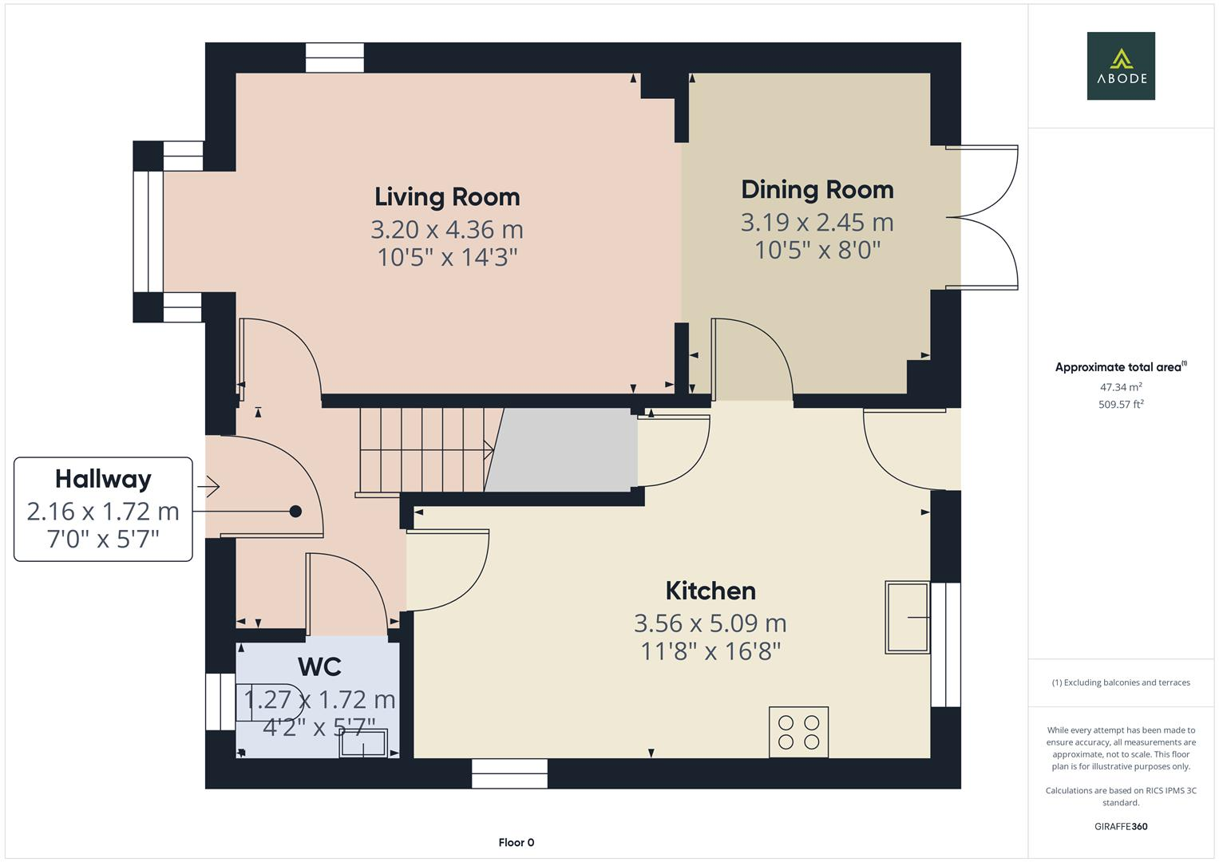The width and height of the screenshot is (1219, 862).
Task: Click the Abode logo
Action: click(x=1121, y=66)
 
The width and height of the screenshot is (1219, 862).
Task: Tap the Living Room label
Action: click(x=447, y=197)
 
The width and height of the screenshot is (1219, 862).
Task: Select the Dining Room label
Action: click(x=817, y=190)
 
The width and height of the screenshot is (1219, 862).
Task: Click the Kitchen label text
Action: click(x=710, y=591)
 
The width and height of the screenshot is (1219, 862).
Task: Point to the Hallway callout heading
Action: click(x=103, y=479)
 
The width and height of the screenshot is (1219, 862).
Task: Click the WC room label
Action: click(x=319, y=666)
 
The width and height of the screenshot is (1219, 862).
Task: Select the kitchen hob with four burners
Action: click(x=798, y=732)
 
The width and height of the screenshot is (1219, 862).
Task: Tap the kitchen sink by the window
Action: click(x=908, y=618)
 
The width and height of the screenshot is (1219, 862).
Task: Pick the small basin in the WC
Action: click(x=363, y=743)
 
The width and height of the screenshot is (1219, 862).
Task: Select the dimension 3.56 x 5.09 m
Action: click(x=710, y=623)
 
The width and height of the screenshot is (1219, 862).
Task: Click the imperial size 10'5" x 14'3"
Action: click(x=447, y=258)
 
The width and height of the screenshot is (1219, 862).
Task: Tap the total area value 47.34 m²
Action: click(x=1121, y=387)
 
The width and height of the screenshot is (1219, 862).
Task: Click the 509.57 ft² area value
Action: click(x=1121, y=405)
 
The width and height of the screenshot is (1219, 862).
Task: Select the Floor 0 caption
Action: click(x=516, y=843)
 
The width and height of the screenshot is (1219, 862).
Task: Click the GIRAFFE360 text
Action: click(x=1121, y=827)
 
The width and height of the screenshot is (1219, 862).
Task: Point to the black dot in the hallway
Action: click(x=295, y=512)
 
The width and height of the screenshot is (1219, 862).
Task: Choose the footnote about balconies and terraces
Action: click(x=1121, y=682)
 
